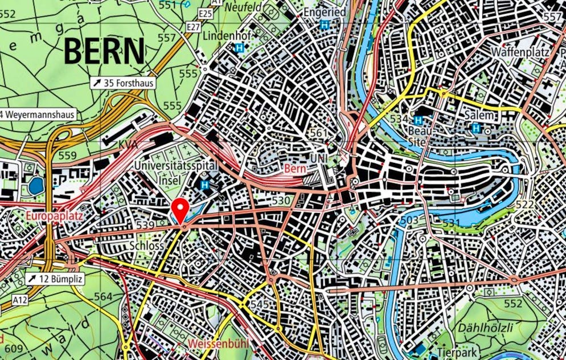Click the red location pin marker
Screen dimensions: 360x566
point(181,210)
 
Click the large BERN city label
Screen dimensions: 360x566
point(104,51)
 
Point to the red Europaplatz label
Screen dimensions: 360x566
point(54,216)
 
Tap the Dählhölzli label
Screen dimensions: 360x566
point(484,327)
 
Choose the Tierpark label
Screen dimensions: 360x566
point(457,351)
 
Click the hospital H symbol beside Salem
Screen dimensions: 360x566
point(476,128)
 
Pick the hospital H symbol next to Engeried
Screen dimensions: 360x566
point(325,24)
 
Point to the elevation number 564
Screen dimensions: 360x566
point(103,296)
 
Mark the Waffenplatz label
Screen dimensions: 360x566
point(519,51)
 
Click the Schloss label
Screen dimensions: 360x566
point(146,245)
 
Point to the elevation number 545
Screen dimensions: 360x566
point(260,305)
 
